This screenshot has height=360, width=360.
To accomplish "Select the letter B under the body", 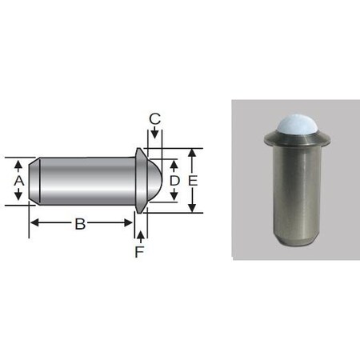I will point(80,225).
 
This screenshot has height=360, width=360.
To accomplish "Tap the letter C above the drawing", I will point(155,120).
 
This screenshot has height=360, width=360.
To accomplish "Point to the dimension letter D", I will point(175,182).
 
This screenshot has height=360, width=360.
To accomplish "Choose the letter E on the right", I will point(193,182).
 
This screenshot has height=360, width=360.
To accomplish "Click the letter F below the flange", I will point(140,250).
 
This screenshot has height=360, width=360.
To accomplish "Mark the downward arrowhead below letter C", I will point(155,141).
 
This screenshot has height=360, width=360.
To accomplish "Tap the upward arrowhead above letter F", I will point(140,234).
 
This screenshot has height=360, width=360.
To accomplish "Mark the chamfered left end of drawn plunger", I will point(34,182).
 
